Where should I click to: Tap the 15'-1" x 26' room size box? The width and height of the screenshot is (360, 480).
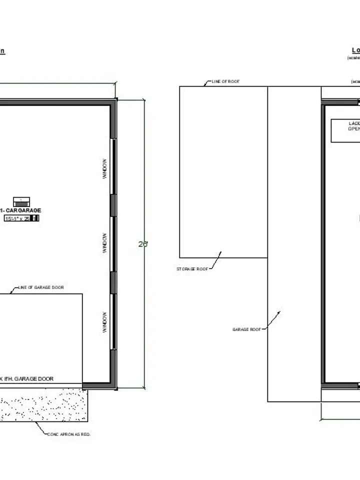point(21,218)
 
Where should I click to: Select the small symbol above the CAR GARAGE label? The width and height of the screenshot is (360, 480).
point(21,201)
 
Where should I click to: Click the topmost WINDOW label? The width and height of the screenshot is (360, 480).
point(105,169)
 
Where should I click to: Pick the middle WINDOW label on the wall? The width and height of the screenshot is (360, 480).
point(105,242)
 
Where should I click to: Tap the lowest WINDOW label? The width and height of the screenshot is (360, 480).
point(105,322)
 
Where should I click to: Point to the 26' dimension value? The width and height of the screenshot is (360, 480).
point(143,244)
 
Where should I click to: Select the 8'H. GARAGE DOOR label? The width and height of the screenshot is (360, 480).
point(27,379)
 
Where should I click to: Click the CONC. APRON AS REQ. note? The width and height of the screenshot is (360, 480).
point(69,434)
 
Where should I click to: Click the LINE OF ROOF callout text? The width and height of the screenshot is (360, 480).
point(225,81)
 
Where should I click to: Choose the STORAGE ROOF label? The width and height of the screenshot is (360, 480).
point(192,269)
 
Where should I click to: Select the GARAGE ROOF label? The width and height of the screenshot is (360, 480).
point(247,329)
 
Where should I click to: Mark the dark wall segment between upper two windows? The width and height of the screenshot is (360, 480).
point(113,205)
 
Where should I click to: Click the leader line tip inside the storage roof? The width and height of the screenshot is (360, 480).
point(220,252)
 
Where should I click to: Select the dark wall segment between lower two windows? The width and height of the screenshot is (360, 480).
point(113,282)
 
